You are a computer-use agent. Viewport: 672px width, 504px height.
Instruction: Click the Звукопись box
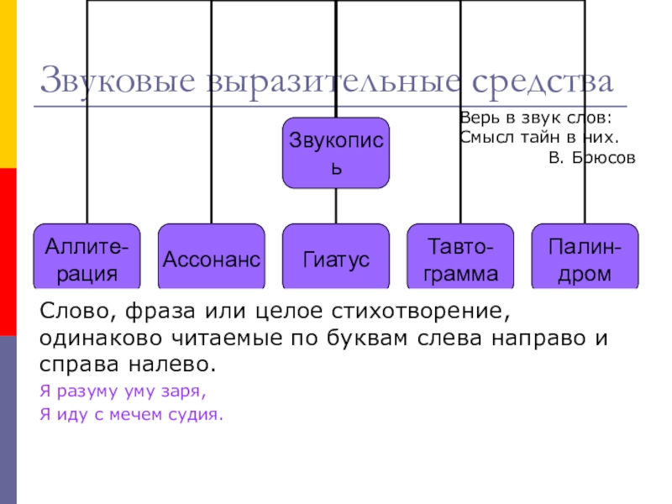(x=335, y=152)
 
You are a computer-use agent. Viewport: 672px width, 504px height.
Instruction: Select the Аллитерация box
(x=87, y=259)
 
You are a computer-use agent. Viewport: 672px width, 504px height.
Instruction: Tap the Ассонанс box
(x=211, y=259)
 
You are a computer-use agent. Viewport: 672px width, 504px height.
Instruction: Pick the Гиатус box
(x=335, y=259)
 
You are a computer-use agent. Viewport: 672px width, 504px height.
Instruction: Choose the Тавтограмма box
(x=460, y=259)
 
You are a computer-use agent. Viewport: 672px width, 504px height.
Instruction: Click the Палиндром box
(x=585, y=259)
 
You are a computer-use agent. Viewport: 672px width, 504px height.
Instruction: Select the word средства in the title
(x=543, y=82)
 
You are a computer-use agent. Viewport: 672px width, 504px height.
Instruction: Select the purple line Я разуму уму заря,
(x=123, y=391)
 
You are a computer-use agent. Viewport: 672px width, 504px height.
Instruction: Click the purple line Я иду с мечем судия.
(x=133, y=413)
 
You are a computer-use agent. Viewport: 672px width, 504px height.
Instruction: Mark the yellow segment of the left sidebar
(x=8, y=84)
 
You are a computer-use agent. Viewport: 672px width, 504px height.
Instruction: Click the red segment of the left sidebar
(x=8, y=252)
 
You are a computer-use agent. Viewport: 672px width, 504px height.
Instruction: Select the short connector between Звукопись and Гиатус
(x=335, y=206)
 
